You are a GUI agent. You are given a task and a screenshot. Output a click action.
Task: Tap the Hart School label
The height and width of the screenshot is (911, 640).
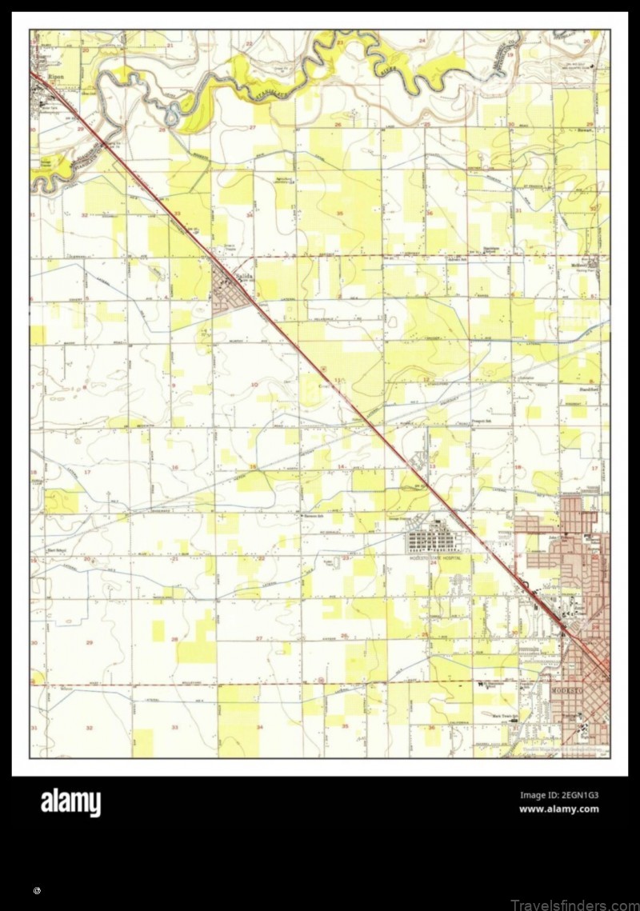click(x=56, y=549)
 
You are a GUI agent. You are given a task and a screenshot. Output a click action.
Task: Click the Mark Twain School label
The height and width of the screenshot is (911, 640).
click(x=502, y=717)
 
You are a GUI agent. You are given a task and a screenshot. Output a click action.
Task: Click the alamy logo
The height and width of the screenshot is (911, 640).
click(x=70, y=802)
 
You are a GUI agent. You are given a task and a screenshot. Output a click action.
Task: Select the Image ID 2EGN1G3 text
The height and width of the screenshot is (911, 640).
click(x=559, y=795)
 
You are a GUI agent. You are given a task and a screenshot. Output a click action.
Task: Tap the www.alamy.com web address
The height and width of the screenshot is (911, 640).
click(x=559, y=809)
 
